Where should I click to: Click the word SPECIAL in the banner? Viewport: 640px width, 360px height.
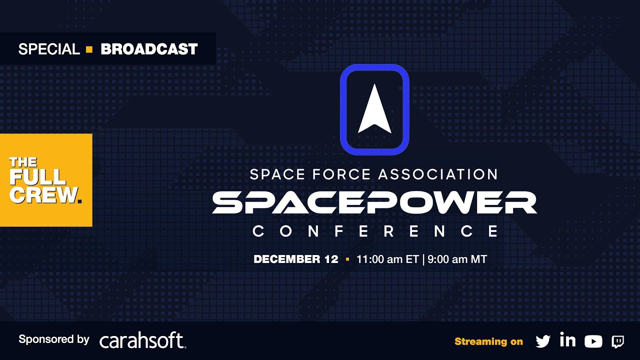tap(49, 49)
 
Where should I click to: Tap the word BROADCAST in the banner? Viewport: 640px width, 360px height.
tap(149, 49)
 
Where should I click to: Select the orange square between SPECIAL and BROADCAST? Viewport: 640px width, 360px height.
tap(89, 49)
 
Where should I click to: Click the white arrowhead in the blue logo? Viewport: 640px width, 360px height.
tap(374, 109)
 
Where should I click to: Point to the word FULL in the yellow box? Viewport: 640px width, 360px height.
tap(37, 177)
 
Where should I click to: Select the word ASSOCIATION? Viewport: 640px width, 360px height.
tap(438, 174)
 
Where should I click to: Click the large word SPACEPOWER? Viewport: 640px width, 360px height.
tap(374, 202)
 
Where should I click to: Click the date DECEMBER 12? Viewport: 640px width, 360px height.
tap(296, 259)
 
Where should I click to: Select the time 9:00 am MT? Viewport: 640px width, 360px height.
tap(457, 259)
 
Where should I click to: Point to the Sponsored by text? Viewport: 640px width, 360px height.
tap(53, 339)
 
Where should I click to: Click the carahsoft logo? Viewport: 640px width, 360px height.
tap(142, 340)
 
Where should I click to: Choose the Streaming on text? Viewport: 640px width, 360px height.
tap(488, 341)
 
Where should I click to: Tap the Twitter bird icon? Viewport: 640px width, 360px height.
tap(542, 341)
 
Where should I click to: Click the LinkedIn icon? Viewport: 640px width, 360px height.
tap(567, 340)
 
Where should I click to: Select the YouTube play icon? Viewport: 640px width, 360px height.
tap(593, 341)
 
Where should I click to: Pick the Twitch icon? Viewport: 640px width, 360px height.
tap(617, 341)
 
